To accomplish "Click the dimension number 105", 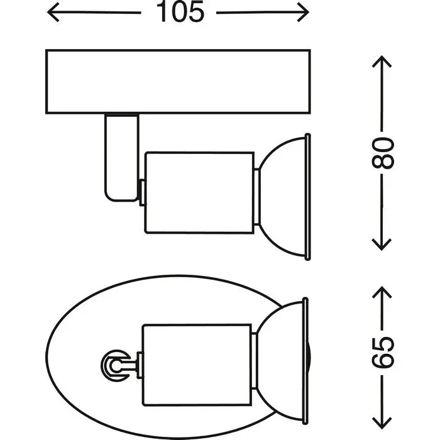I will pyautogui.click(x=180, y=12).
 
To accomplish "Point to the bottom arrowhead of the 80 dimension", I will pyautogui.click(x=382, y=245).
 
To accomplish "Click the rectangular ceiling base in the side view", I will pyautogui.click(x=179, y=82).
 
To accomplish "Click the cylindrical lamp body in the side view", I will pyautogui.click(x=199, y=192).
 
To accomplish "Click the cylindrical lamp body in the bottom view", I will pyautogui.click(x=196, y=364).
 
